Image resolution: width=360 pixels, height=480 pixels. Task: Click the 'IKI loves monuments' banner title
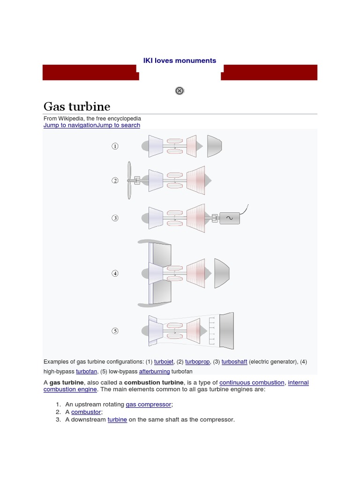coord(180,60)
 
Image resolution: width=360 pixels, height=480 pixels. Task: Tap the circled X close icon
coord(180,91)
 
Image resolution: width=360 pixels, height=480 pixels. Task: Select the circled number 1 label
coord(115,146)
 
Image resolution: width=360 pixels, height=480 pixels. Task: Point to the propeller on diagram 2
coord(129,180)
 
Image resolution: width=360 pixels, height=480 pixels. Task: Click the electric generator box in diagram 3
coord(229,218)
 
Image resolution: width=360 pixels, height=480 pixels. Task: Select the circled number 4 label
coord(115,273)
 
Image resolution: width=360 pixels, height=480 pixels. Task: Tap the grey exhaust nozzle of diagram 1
coord(214,146)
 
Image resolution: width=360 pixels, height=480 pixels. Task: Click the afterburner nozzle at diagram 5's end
coord(226,331)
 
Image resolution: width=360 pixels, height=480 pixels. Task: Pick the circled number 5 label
coord(115,331)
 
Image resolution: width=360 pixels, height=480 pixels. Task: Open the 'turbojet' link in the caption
coord(164,362)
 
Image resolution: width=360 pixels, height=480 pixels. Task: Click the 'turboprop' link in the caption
coord(197,362)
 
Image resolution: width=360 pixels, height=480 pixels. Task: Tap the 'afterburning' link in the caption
coord(155,371)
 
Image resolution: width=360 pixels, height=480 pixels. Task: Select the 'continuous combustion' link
coord(252,382)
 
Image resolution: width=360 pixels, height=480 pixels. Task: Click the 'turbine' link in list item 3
coord(117,420)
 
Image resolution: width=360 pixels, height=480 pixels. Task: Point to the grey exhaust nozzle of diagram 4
coord(221,273)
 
